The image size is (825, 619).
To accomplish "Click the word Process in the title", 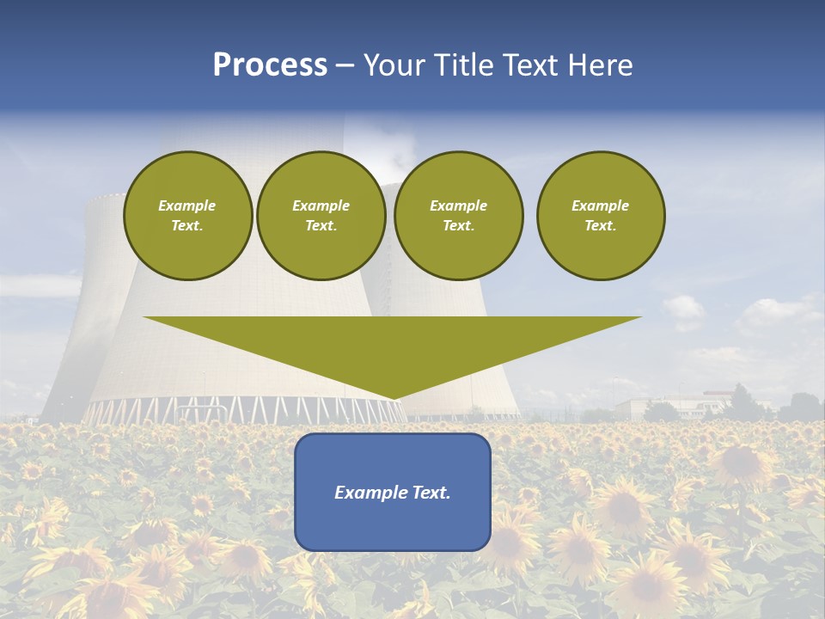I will coord(270,65).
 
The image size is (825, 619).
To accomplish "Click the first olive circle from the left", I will coord(187,215).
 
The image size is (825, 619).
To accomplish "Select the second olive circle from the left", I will coord(321,215).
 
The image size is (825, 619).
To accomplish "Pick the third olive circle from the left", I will coord(458,215).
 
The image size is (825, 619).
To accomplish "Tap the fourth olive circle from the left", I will coord(600,215).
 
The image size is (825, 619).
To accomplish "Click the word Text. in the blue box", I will coord(430,493).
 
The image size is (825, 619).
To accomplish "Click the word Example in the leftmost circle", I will coord(186,205).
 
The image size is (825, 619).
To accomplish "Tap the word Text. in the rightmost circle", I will coord(600,225).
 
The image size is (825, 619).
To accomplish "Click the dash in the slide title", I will coord(345,65).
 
